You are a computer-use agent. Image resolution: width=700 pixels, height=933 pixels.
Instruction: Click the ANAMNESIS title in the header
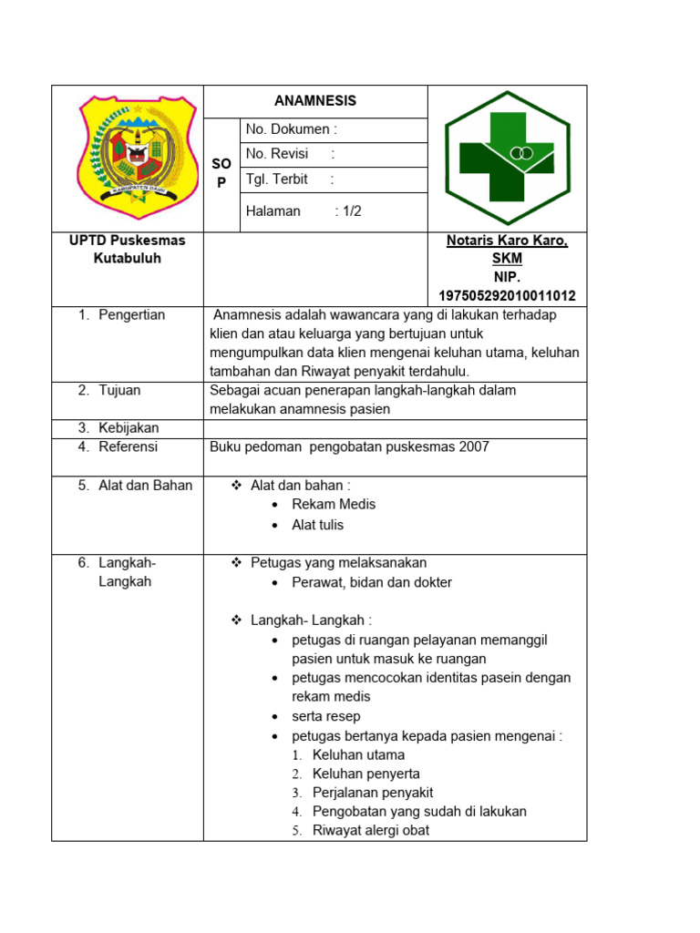(315, 101)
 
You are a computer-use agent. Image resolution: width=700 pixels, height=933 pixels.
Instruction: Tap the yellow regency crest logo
(138, 149)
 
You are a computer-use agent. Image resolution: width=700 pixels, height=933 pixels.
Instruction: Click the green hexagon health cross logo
(508, 158)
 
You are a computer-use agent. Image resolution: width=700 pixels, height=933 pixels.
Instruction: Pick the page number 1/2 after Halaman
(348, 211)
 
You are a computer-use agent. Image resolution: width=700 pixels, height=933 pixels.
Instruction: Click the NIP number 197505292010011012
(507, 296)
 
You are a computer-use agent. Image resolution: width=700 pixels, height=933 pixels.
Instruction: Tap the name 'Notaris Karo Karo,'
(507, 241)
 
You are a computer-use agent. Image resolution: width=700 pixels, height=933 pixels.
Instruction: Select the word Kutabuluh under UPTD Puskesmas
(127, 259)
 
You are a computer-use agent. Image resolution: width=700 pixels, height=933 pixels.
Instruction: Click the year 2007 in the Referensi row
(474, 446)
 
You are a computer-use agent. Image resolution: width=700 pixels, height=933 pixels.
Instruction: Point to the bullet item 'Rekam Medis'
(334, 505)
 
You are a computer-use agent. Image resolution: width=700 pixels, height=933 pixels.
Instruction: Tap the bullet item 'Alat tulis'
(317, 525)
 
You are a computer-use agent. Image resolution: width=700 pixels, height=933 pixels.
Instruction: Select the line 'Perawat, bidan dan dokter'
(372, 582)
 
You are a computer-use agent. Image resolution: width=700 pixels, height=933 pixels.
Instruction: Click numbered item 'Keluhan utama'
(358, 755)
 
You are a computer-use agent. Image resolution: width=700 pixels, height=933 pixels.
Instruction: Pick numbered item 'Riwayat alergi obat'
(370, 830)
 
